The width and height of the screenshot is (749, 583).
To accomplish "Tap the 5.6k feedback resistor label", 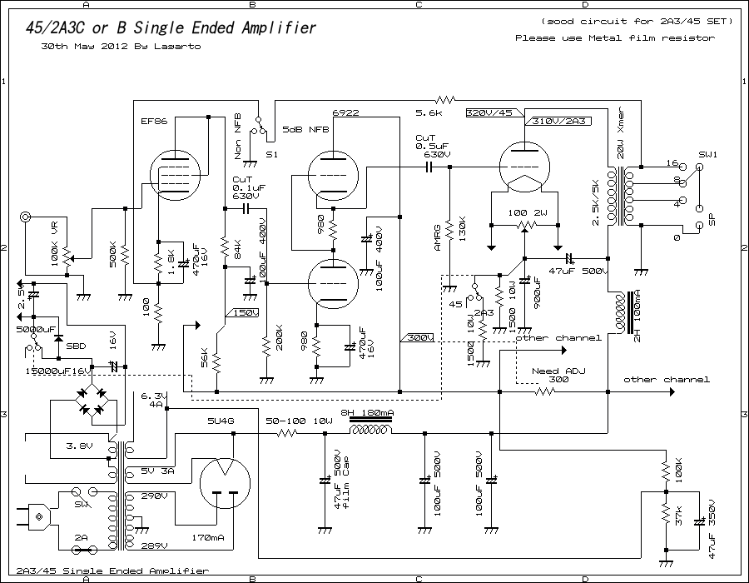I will click(x=429, y=112).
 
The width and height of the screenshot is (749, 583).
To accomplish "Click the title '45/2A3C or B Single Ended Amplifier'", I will click(x=171, y=27).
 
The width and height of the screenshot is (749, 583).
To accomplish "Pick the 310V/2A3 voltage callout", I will click(x=560, y=121).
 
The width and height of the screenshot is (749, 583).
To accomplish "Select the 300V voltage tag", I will click(x=419, y=337).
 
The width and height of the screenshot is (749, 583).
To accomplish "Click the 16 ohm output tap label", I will click(x=672, y=164).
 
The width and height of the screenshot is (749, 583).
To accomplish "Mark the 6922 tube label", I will click(x=345, y=112).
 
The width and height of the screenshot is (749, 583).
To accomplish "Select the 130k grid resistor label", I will click(x=463, y=229).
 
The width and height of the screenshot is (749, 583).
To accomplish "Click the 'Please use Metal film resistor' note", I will click(x=614, y=37).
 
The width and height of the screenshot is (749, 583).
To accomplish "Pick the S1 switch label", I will click(x=271, y=155).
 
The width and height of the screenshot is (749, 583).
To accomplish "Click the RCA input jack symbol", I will click(x=27, y=218).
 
